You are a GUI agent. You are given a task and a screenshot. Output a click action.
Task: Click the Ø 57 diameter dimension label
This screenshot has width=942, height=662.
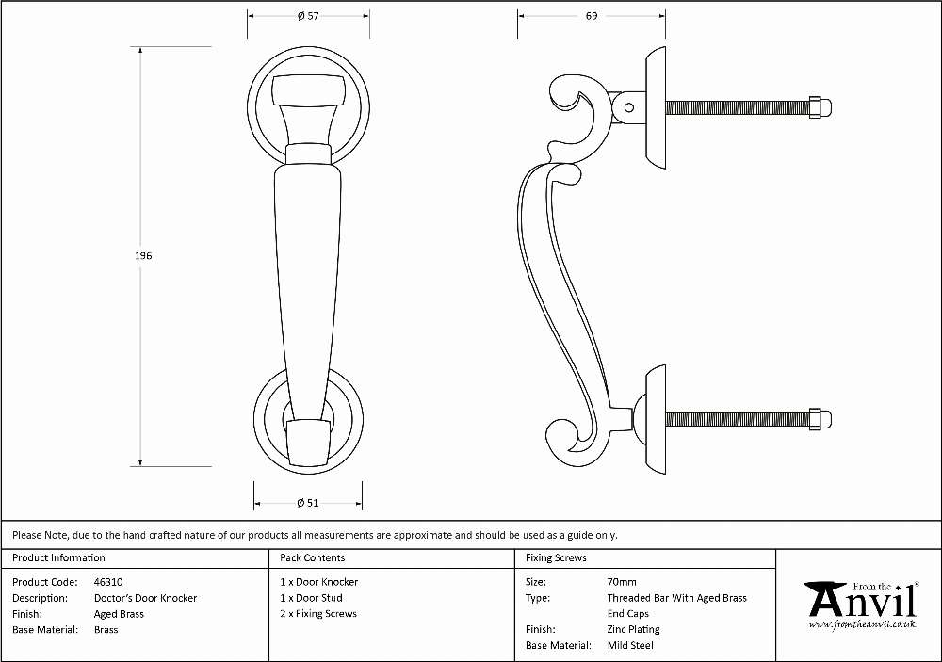point(308,16)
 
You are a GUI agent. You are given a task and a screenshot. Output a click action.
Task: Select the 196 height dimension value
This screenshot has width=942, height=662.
point(143,256)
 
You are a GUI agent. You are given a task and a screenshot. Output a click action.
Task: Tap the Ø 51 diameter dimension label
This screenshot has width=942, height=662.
point(308,503)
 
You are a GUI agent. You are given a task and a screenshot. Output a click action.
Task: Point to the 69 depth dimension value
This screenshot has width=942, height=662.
point(592,16)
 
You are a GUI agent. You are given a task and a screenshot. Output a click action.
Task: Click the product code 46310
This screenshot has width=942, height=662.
point(108,582)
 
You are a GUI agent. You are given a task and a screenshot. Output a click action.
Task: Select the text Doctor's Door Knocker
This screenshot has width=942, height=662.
point(145,598)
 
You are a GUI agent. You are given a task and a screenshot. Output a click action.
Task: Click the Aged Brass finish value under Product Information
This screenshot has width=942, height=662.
point(119,614)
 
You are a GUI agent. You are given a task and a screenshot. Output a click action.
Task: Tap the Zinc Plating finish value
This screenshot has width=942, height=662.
point(633,630)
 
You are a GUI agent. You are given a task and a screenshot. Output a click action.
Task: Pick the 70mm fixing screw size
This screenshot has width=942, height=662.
point(621,582)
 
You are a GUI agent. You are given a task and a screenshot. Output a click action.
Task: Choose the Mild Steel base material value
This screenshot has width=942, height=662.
point(630,645)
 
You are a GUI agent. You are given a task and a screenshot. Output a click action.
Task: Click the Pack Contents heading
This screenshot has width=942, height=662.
point(313,557)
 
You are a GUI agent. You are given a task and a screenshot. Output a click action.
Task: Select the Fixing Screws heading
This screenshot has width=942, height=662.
point(556,557)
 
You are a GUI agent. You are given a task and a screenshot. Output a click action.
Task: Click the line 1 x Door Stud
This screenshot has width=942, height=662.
point(311,598)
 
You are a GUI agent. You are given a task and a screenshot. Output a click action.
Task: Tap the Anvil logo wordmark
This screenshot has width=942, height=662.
point(862,600)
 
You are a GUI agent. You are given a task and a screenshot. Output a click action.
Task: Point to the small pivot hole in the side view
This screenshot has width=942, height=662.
point(629,108)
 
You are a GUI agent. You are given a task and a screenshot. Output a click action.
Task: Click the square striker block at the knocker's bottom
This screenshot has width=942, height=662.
point(308,443)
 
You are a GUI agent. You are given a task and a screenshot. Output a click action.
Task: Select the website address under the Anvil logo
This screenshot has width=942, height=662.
point(862,624)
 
